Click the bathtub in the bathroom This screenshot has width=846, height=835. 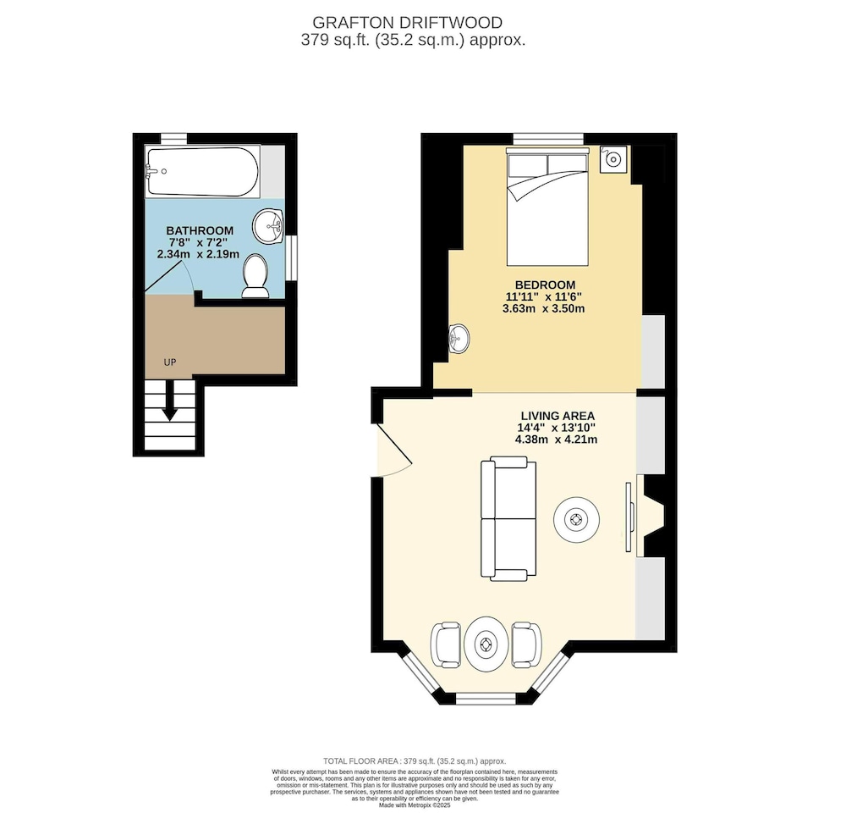pyautogui.click(x=202, y=171)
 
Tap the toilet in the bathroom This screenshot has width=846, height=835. pyautogui.click(x=255, y=276)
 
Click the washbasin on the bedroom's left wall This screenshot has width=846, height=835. pyautogui.click(x=459, y=339)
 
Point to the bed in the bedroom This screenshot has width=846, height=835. pyautogui.click(x=547, y=209)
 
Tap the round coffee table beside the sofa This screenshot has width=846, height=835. pyautogui.click(x=576, y=520)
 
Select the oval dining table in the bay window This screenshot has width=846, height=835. pyautogui.click(x=486, y=644)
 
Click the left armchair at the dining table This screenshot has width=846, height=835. pyautogui.click(x=446, y=645)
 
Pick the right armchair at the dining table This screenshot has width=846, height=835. pyautogui.click(x=526, y=645)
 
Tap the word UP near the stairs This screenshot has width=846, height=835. pyautogui.click(x=170, y=362)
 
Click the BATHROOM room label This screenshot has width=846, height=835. pyautogui.click(x=200, y=230)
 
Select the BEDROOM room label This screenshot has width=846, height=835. pyautogui.click(x=545, y=285)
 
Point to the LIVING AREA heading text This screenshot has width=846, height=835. pyautogui.click(x=558, y=416)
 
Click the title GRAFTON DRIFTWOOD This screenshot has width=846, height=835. pyautogui.click(x=408, y=23)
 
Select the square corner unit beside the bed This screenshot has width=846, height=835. pyautogui.click(x=613, y=159)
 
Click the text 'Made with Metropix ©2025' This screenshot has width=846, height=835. pyautogui.click(x=415, y=805)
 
